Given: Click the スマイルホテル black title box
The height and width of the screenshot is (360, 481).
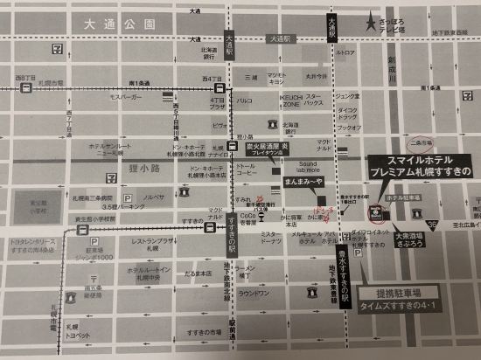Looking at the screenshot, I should tap(418, 166).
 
